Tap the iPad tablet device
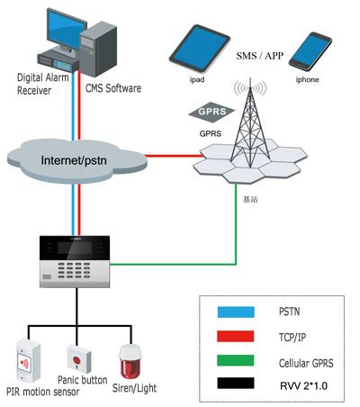pos(196,49)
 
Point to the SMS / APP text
pos(260,56)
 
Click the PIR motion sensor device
pos(27,359)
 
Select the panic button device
pos(78,360)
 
